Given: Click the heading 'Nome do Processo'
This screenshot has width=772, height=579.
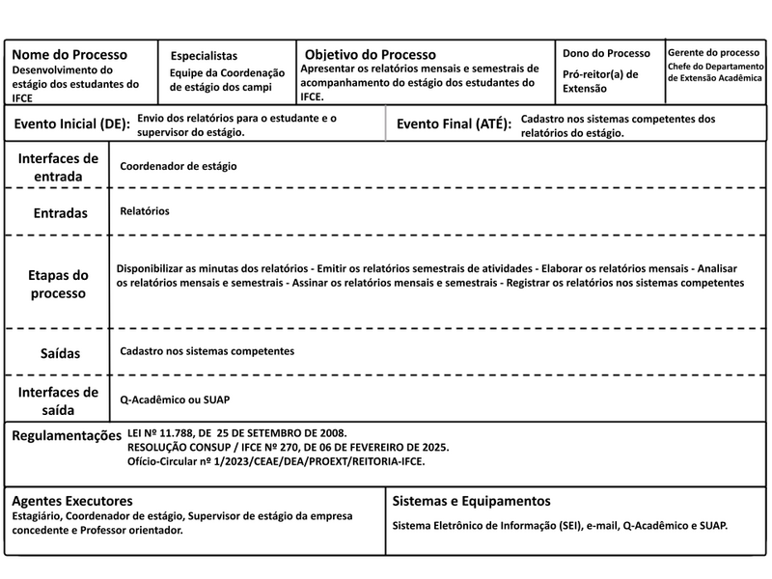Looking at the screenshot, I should tap(69, 54).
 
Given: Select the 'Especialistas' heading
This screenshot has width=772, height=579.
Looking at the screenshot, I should tap(204, 56).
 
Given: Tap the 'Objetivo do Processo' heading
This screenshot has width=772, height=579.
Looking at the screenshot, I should tap(370, 55).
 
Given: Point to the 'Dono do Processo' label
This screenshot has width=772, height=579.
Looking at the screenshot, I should tap(607, 53).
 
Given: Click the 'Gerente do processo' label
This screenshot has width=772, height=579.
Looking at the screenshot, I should tap(713, 52).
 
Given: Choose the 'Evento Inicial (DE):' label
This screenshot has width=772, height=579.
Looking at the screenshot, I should tap(72, 124).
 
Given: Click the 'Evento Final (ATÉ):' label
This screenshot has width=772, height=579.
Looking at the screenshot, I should tap(454, 124).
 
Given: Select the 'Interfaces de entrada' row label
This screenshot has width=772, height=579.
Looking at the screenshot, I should tap(58, 167).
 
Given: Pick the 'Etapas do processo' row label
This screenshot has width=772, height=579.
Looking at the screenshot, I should tap(58, 284).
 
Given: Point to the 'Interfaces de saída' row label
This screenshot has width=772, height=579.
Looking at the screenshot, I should tap(58, 400).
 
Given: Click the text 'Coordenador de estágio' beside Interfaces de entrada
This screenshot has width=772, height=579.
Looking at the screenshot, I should tap(179, 166).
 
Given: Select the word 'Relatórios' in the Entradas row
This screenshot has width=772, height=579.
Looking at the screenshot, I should tap(145, 210).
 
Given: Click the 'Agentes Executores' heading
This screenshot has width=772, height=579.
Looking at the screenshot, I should tap(72, 501).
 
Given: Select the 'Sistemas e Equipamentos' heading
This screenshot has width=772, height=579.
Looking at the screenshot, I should tap(472, 501).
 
